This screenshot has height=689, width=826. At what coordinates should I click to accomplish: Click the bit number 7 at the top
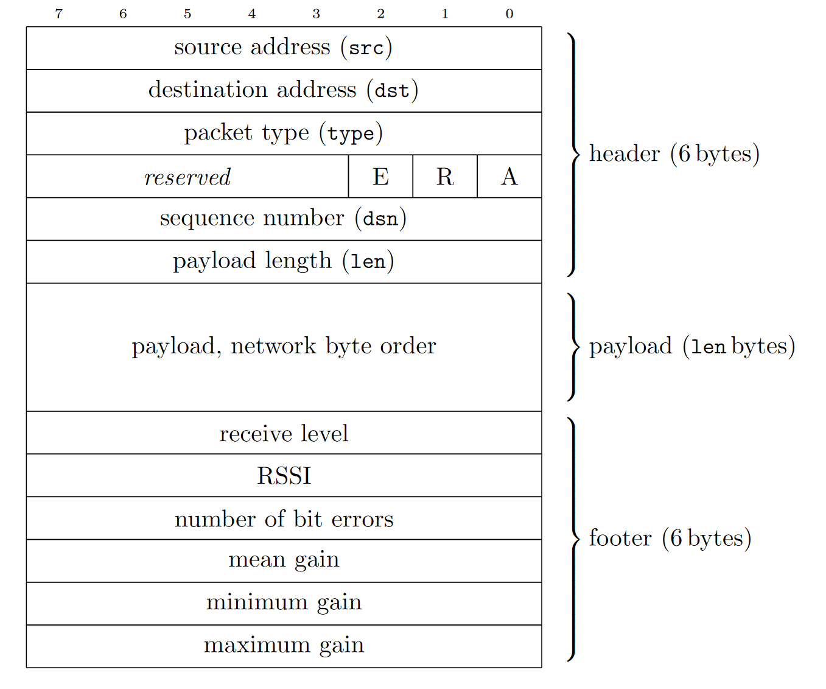pyautogui.click(x=58, y=13)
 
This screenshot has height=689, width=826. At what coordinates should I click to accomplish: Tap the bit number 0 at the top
pyautogui.click(x=509, y=13)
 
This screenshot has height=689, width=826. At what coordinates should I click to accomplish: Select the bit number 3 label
pyautogui.click(x=316, y=13)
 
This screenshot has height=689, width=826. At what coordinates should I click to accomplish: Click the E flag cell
pyautogui.click(x=380, y=177)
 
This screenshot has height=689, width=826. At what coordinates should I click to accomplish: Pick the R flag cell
pyautogui.click(x=445, y=177)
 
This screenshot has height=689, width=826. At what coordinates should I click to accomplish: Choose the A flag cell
pyautogui.click(x=509, y=177)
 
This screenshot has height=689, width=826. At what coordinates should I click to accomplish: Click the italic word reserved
pyautogui.click(x=187, y=177)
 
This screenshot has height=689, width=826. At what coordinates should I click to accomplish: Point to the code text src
pyautogui.click(x=366, y=48)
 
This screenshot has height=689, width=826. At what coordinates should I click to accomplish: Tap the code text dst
pyautogui.click(x=392, y=91)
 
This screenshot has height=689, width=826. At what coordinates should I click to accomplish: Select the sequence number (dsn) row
pyautogui.click(x=284, y=219)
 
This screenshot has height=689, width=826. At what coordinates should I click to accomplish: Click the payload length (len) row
pyautogui.click(x=284, y=261)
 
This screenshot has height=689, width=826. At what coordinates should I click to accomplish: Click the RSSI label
pyautogui.click(x=284, y=476)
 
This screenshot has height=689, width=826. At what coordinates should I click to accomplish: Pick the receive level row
pyautogui.click(x=284, y=433)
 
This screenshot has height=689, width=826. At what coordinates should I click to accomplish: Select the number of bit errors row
pyautogui.click(x=284, y=518)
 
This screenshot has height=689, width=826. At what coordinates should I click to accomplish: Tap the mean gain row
pyautogui.click(x=284, y=560)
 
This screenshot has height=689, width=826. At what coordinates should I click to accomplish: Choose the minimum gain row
pyautogui.click(x=284, y=602)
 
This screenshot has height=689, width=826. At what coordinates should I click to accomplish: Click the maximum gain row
pyautogui.click(x=284, y=645)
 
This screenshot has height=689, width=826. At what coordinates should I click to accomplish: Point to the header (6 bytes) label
pyautogui.click(x=674, y=154)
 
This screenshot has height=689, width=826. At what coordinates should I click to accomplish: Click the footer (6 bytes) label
pyautogui.click(x=670, y=539)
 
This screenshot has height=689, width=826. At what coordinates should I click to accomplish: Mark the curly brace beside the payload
pyautogui.click(x=573, y=347)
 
